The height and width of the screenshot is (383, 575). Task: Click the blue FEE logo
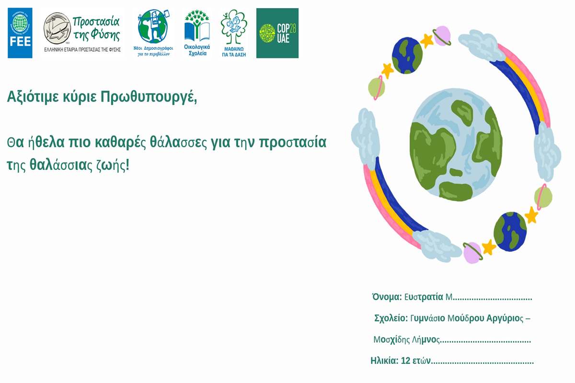coord(20,33)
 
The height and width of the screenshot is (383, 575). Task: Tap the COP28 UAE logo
coord(277,33)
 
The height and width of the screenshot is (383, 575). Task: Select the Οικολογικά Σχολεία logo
coord(197,33)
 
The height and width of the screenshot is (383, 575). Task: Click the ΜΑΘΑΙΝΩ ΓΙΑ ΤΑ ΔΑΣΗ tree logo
coord(234,33)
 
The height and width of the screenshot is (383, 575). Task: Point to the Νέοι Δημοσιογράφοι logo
coord(153,33)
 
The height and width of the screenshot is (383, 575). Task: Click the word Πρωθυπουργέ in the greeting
coord(149,97)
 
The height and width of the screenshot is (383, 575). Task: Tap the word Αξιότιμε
coord(33,97)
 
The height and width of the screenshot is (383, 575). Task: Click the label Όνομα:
coord(387,297)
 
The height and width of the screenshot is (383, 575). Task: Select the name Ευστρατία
coord(424,297)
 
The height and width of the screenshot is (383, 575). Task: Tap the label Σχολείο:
coord(391,318)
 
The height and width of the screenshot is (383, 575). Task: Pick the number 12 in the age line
coord(405,360)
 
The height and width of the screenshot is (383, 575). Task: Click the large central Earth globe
coord(456,145)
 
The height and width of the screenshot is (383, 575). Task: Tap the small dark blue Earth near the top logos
coord(407,55)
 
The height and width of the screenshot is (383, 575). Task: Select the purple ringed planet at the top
coord(442,35)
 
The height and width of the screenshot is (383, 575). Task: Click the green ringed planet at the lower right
coord(542,197)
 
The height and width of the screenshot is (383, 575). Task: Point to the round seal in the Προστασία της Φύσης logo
coord(57,28)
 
